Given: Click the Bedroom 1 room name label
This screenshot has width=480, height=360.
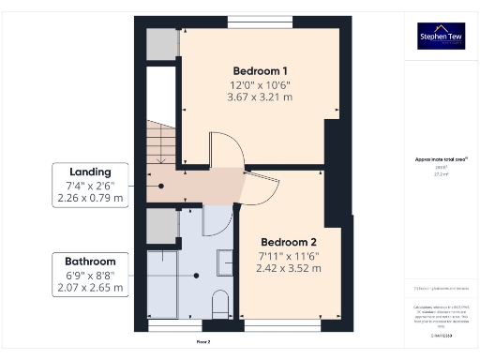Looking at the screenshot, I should click(260, 70).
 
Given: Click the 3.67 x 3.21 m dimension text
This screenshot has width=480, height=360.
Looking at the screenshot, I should click(260, 97).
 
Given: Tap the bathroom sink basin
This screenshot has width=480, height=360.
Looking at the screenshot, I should click(226, 262).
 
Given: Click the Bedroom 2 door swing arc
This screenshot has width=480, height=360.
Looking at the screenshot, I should click(261, 190).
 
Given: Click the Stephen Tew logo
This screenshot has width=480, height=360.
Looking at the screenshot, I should click(441, 36).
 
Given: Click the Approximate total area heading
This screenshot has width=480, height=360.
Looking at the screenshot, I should click(441, 159).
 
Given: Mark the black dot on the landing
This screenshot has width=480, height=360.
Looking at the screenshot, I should click(161, 186).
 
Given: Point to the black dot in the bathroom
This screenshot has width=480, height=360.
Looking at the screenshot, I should click(197, 275).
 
